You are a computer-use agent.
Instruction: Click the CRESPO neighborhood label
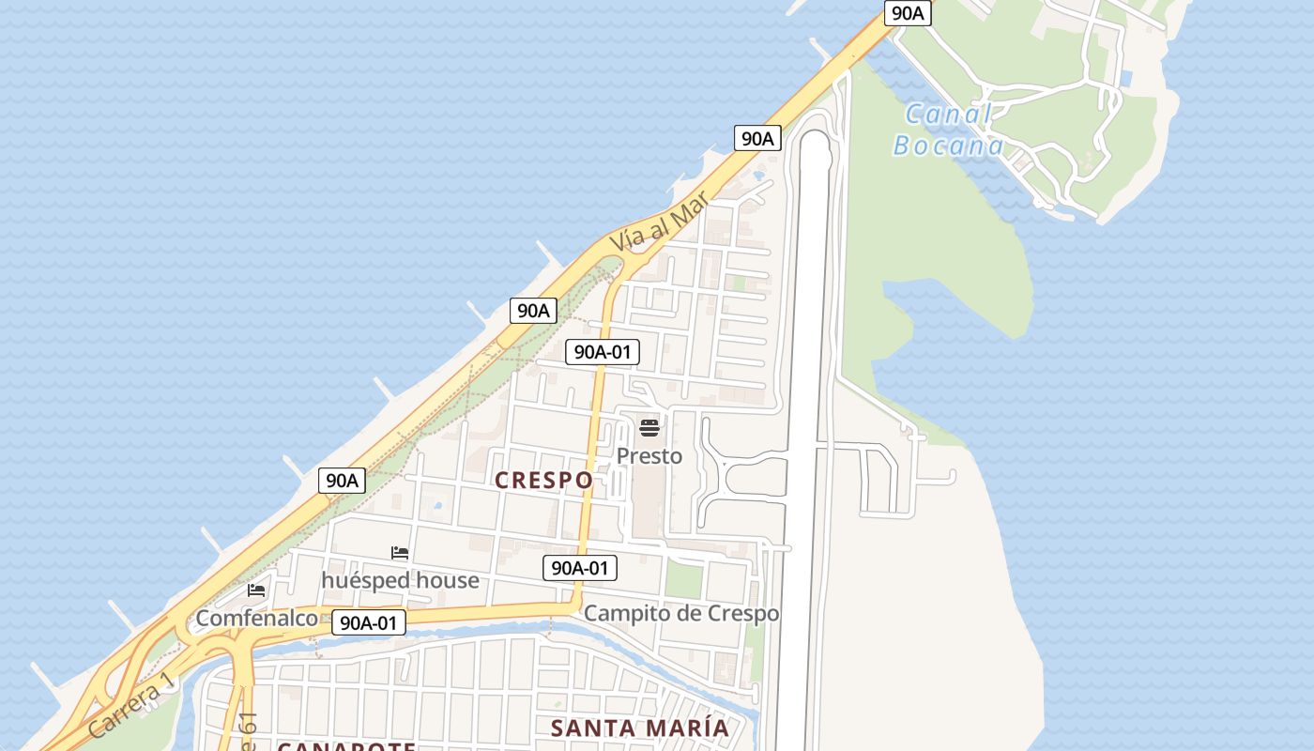tap(543, 481)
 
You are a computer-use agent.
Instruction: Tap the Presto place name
tap(649, 456)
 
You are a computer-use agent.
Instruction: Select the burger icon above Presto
tap(649, 429)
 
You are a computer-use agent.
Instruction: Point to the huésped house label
tap(400, 580)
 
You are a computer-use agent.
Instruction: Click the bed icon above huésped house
tap(400, 553)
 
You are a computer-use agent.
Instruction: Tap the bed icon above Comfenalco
tap(256, 590)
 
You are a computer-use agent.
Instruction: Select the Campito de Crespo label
tap(681, 614)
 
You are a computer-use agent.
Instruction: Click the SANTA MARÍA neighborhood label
tap(639, 728)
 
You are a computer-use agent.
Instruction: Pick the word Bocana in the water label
tap(948, 146)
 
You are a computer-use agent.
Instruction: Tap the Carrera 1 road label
tap(130, 705)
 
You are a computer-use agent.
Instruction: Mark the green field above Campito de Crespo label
tap(683, 579)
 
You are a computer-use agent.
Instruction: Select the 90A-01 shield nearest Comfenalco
tap(369, 622)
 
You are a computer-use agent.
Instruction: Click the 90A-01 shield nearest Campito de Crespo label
tap(580, 568)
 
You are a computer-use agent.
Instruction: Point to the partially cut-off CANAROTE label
tap(346, 746)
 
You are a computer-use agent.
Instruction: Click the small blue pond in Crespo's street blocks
tap(436, 506)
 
